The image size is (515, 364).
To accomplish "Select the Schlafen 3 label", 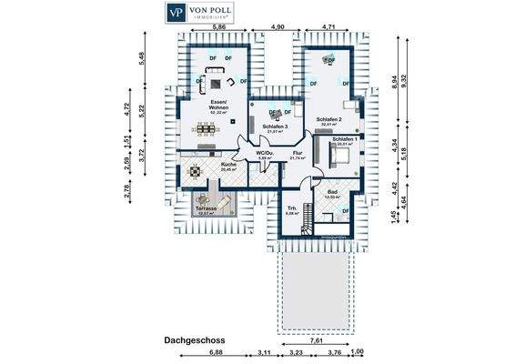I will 274,127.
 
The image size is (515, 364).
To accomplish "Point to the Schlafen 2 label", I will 328,120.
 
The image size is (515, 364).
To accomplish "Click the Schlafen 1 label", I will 344,138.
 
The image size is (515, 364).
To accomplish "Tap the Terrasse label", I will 206,208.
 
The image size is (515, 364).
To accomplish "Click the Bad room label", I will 332,192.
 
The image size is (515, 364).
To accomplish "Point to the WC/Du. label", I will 265,154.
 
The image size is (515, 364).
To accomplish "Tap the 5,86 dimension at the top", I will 219,28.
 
